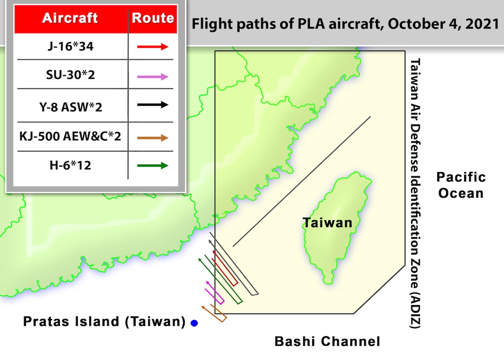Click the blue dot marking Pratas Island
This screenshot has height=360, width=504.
point(194,323)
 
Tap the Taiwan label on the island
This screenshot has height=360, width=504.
point(328,222)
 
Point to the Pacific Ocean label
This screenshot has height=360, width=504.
point(461,184)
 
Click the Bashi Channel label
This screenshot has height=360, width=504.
point(327,341)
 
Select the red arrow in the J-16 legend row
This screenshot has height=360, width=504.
point(153,47)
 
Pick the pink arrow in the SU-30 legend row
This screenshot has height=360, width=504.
point(153,77)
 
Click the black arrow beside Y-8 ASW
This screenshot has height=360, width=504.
point(153,105)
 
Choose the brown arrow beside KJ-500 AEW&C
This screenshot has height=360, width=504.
point(153,138)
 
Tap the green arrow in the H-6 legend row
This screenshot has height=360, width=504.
point(153,166)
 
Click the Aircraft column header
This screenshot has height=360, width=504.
point(70,18)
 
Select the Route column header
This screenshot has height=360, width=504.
point(153,18)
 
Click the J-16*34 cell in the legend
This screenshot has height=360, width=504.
point(70,46)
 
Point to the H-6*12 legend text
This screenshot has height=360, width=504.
point(70,165)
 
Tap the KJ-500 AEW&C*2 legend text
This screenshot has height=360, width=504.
point(70,136)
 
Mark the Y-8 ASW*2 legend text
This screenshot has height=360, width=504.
point(70,106)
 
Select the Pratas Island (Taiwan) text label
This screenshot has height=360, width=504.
point(104,322)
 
